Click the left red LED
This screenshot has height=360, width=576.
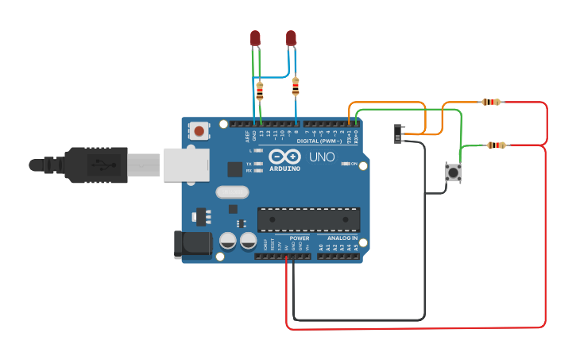tap(255, 38)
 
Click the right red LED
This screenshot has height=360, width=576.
tap(291, 38)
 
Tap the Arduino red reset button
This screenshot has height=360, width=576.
tap(199, 130)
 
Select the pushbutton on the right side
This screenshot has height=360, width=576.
tap(453, 172)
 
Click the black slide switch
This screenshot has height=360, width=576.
tap(399, 133)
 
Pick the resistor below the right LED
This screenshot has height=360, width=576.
tap(296, 85)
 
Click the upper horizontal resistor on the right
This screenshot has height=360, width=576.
tap(492, 102)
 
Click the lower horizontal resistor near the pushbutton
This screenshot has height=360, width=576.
tap(496, 145)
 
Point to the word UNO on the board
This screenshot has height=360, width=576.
tap(321, 157)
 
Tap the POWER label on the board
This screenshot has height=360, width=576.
tap(300, 238)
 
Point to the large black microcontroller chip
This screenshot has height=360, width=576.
tap(308, 219)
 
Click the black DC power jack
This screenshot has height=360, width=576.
tap(192, 245)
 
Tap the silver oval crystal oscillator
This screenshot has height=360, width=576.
tap(233, 192)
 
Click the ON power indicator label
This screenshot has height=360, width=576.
tap(354, 164)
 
